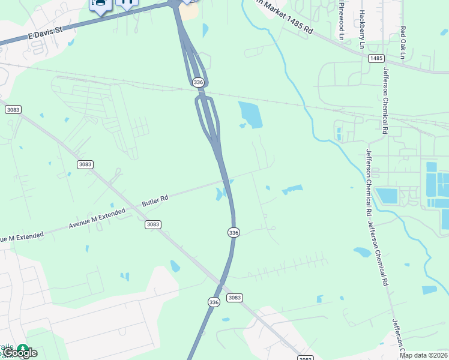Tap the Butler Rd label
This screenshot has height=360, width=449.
click(155, 200)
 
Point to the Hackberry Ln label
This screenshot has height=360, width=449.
click(361, 29)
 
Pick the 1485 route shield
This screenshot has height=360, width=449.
click(376, 58)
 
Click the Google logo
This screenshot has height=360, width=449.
click(20, 353)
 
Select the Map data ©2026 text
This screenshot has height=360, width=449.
click(424, 355)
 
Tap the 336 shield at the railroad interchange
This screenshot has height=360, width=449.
click(199, 82)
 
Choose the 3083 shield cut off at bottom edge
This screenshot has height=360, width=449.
click(306, 358)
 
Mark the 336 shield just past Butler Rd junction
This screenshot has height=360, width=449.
click(234, 232)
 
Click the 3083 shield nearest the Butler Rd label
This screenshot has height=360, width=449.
click(152, 224)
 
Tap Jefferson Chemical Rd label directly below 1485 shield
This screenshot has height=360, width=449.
click(385, 101)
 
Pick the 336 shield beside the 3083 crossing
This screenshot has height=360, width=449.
click(214, 302)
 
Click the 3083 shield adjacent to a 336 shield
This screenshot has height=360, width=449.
click(234, 298)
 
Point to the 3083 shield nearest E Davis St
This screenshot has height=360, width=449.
click(13, 109)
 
